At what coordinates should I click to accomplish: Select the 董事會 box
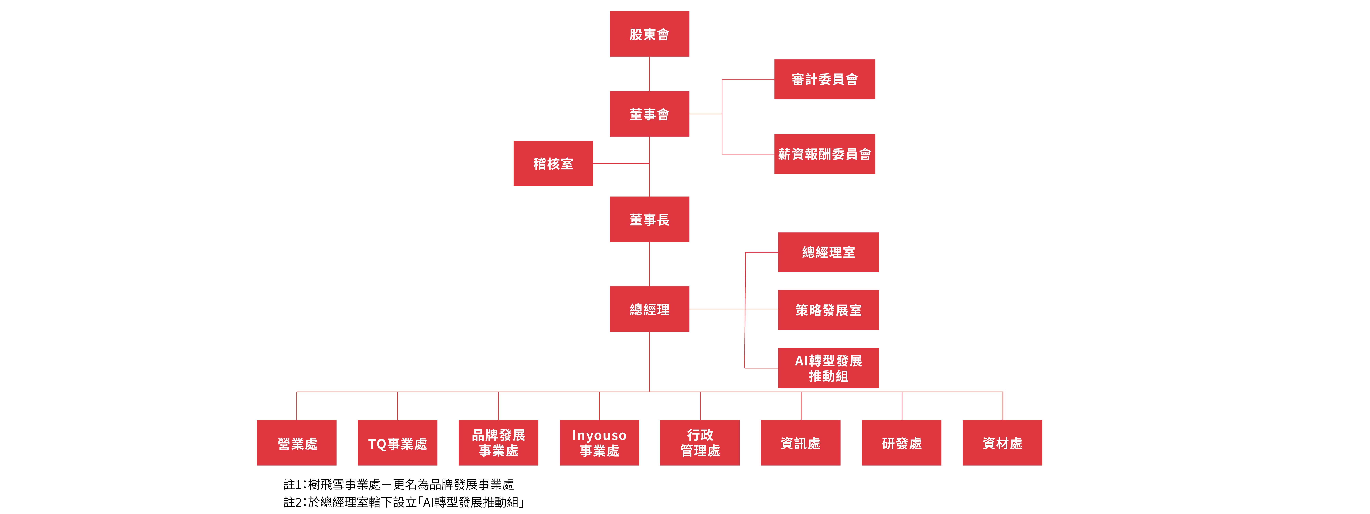tap(649, 114)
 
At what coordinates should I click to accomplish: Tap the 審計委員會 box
tap(824, 79)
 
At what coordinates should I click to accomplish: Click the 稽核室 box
tap(553, 163)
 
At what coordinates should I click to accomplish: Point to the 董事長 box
tap(649, 219)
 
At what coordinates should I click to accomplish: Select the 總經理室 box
tap(828, 252)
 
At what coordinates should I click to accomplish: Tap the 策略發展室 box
tap(828, 310)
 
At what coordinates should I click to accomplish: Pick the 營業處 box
tap(297, 443)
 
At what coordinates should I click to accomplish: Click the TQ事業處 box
tap(397, 443)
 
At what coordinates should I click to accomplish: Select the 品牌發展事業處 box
tap(498, 443)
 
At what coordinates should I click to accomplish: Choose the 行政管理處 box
tap(700, 443)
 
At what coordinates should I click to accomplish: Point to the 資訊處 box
tap(800, 443)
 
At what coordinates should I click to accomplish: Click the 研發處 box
tap(901, 443)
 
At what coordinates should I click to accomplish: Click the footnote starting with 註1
tap(399, 484)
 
